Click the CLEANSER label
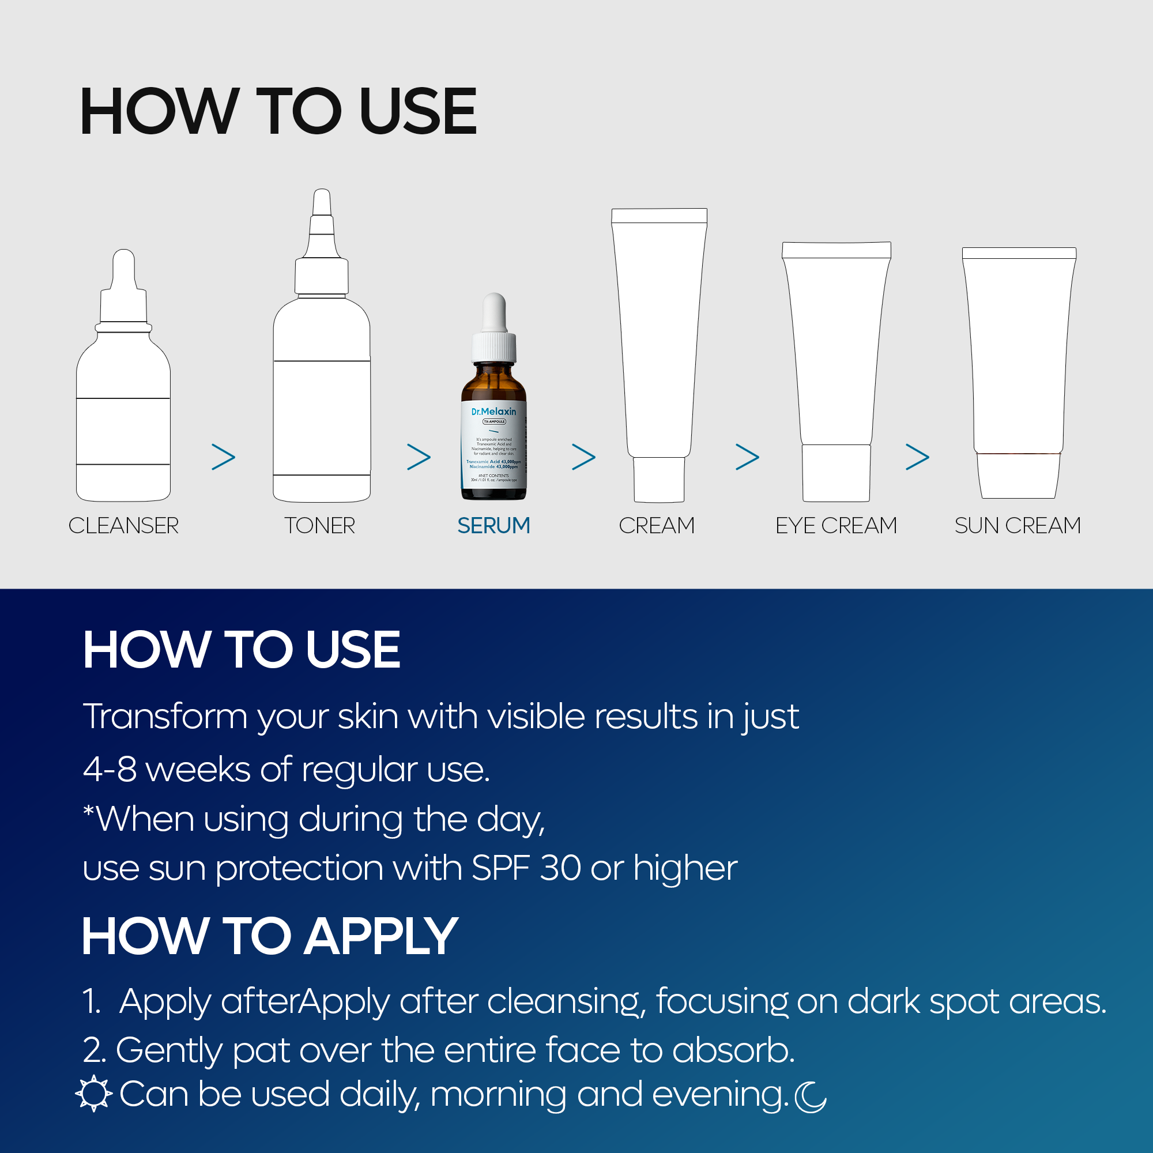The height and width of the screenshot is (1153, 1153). [123, 526]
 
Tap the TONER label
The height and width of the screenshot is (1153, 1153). [320, 526]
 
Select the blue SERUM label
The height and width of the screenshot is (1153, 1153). [493, 526]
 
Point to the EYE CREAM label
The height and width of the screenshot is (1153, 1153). [836, 526]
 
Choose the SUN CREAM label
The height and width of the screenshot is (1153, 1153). [1018, 526]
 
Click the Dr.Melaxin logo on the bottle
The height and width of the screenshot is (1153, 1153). [493, 412]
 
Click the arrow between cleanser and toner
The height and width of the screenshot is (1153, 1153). [224, 457]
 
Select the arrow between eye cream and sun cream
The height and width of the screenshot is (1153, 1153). [917, 457]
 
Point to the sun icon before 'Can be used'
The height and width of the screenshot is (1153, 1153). [94, 1094]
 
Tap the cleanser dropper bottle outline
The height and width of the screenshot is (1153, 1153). [123, 418]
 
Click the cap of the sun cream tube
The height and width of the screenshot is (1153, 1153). [1019, 476]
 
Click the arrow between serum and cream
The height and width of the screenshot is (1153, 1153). [583, 457]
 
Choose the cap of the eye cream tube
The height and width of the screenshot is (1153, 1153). [836, 473]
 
